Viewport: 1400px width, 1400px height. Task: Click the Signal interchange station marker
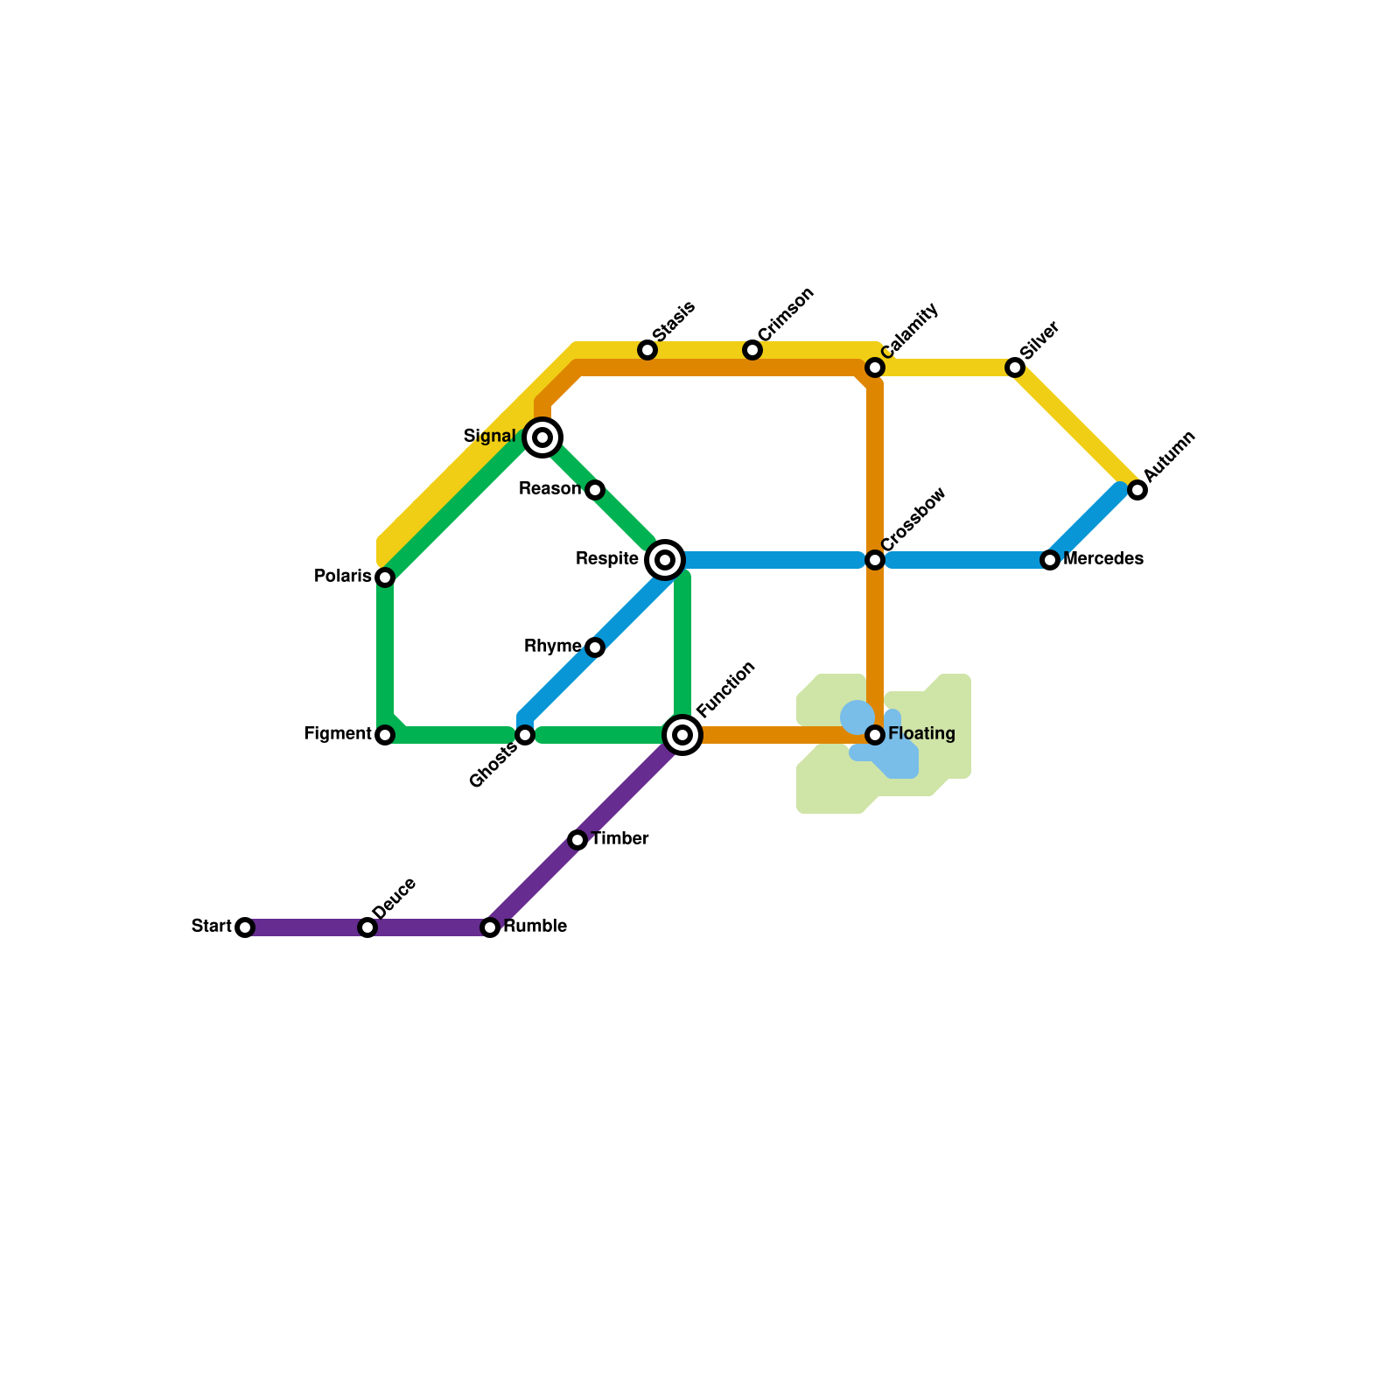click(x=542, y=437)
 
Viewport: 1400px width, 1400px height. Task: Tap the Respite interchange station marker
click(x=665, y=560)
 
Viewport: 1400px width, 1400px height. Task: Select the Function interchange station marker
click(x=682, y=735)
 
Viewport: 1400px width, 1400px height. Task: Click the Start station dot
click(x=245, y=927)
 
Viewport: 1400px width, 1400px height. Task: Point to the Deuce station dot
click(x=367, y=927)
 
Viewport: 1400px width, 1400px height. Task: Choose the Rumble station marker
click(x=490, y=927)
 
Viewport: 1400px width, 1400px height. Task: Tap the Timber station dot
click(x=577, y=840)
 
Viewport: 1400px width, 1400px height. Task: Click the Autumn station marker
click(x=1137, y=490)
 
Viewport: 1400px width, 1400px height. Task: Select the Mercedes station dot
click(x=1050, y=560)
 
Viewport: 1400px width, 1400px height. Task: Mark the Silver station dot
click(x=1015, y=367)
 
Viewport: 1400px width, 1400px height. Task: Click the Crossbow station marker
click(x=875, y=560)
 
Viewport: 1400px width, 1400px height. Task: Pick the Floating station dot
click(x=875, y=735)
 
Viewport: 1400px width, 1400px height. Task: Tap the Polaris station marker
click(x=385, y=577)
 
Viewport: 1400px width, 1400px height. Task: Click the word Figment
click(x=338, y=734)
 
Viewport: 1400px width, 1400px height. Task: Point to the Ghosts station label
click(x=493, y=767)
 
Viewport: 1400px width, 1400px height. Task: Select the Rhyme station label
click(x=552, y=647)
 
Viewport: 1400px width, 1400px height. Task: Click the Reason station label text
click(x=549, y=488)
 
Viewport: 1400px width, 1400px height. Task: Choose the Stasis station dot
click(x=647, y=350)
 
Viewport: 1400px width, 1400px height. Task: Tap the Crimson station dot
click(x=752, y=350)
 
